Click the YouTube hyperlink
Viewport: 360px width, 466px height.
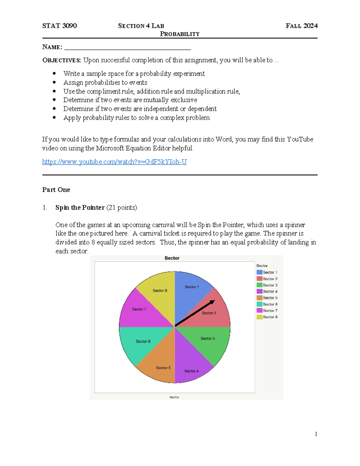click(x=114, y=162)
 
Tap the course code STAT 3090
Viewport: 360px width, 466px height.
click(x=59, y=26)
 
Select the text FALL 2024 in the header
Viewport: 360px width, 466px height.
click(x=301, y=26)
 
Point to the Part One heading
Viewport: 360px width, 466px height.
click(x=56, y=190)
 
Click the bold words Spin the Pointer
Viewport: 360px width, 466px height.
click(x=80, y=207)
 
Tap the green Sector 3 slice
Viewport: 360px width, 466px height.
click(x=210, y=342)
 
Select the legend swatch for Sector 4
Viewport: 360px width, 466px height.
click(x=259, y=291)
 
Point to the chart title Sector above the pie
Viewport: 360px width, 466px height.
click(x=172, y=258)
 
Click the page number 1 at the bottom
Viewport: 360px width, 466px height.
click(x=316, y=434)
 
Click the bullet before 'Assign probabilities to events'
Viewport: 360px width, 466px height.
click(x=54, y=82)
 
